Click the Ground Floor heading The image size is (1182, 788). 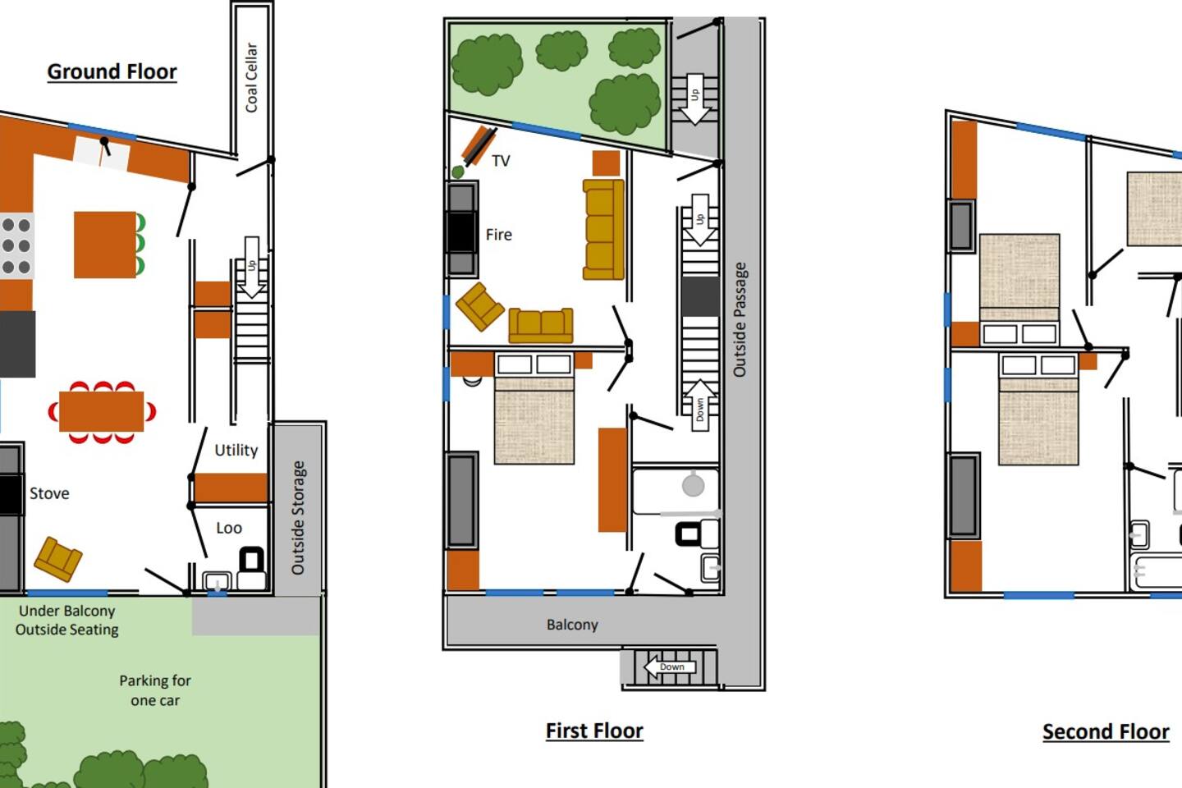112,71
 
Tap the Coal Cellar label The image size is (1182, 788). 252,78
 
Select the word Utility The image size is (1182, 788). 236,450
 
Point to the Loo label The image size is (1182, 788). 229,528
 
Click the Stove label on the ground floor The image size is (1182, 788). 49,493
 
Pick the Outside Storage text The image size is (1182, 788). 298,518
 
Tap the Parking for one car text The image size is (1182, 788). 155,690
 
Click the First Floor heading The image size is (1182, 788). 594,731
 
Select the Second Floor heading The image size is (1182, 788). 1106,731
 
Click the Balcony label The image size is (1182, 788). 572,625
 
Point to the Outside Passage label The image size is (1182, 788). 740,319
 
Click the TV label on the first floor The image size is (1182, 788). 501,161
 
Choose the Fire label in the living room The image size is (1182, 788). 499,234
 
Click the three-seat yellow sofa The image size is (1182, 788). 603,230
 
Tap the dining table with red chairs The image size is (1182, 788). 101,412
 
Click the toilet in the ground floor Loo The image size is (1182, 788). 252,567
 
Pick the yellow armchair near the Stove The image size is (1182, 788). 58,560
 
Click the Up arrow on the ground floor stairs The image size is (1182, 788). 252,268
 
